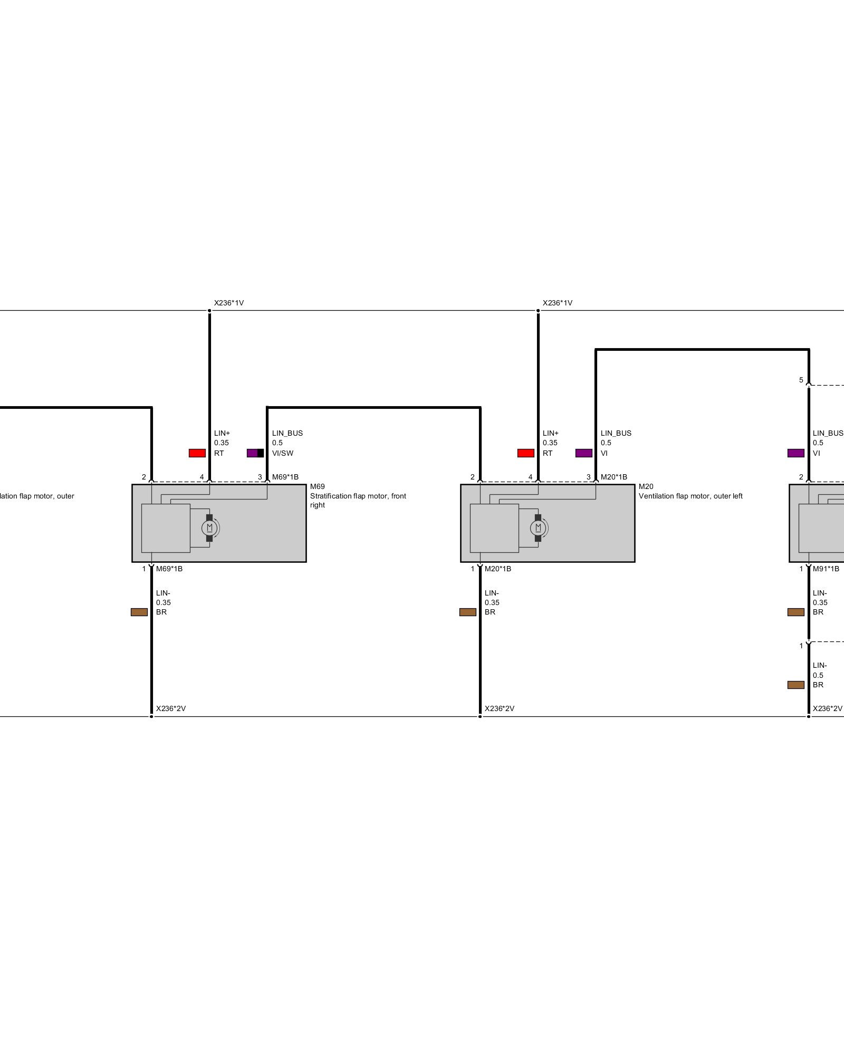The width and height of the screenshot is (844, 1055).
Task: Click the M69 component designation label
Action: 317,486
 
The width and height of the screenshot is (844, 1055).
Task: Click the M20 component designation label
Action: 646,486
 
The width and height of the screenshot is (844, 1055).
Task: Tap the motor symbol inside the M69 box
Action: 209,527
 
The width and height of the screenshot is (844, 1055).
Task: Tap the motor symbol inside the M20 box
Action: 538,527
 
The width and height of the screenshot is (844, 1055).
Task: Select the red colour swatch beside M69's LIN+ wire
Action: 197,453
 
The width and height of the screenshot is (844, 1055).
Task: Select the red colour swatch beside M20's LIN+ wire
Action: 526,453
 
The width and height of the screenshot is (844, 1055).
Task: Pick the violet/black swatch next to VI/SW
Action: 255,453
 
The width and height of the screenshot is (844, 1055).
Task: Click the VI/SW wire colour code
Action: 283,453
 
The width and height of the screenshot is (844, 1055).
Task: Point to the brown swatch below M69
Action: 139,612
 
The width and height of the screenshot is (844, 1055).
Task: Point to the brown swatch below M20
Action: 468,612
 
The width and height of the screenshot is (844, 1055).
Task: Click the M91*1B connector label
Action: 826,569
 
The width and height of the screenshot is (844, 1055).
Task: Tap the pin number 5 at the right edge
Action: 801,380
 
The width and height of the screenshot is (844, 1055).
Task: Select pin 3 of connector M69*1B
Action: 260,477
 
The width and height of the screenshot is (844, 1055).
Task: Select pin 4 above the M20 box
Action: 531,477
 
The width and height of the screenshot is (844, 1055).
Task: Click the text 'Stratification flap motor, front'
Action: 358,496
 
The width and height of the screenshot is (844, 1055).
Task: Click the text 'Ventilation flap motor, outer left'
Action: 690,496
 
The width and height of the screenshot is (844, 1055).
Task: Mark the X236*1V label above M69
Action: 229,303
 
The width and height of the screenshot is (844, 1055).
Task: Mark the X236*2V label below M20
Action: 500,708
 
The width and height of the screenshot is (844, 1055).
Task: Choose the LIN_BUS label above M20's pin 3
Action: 616,433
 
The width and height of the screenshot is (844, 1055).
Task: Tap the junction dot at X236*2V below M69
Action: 151,716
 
